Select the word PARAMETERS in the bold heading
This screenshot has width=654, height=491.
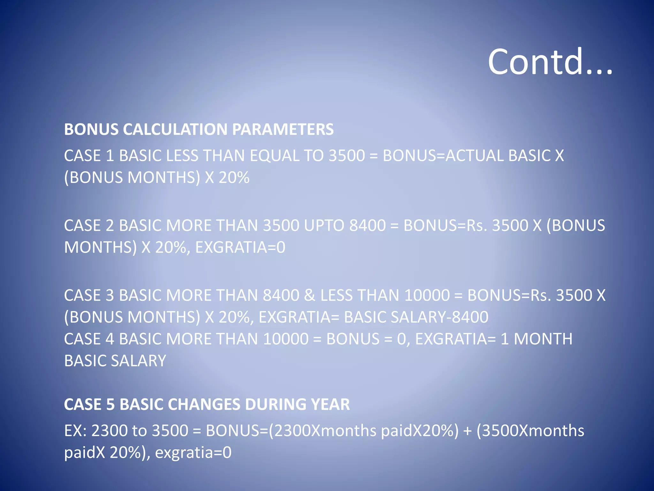[x=283, y=129]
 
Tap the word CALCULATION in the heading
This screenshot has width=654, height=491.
[x=175, y=129]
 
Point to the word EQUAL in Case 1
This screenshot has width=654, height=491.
[x=274, y=156]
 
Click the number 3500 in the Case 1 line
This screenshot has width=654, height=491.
[x=346, y=156]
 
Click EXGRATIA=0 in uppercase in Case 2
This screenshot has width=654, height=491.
[x=240, y=247]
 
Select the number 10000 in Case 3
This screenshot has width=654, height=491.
[x=427, y=295]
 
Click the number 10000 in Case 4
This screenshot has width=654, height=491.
[x=286, y=339]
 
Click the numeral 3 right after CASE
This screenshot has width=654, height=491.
[x=110, y=295]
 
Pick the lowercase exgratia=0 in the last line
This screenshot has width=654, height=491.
[x=193, y=453]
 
